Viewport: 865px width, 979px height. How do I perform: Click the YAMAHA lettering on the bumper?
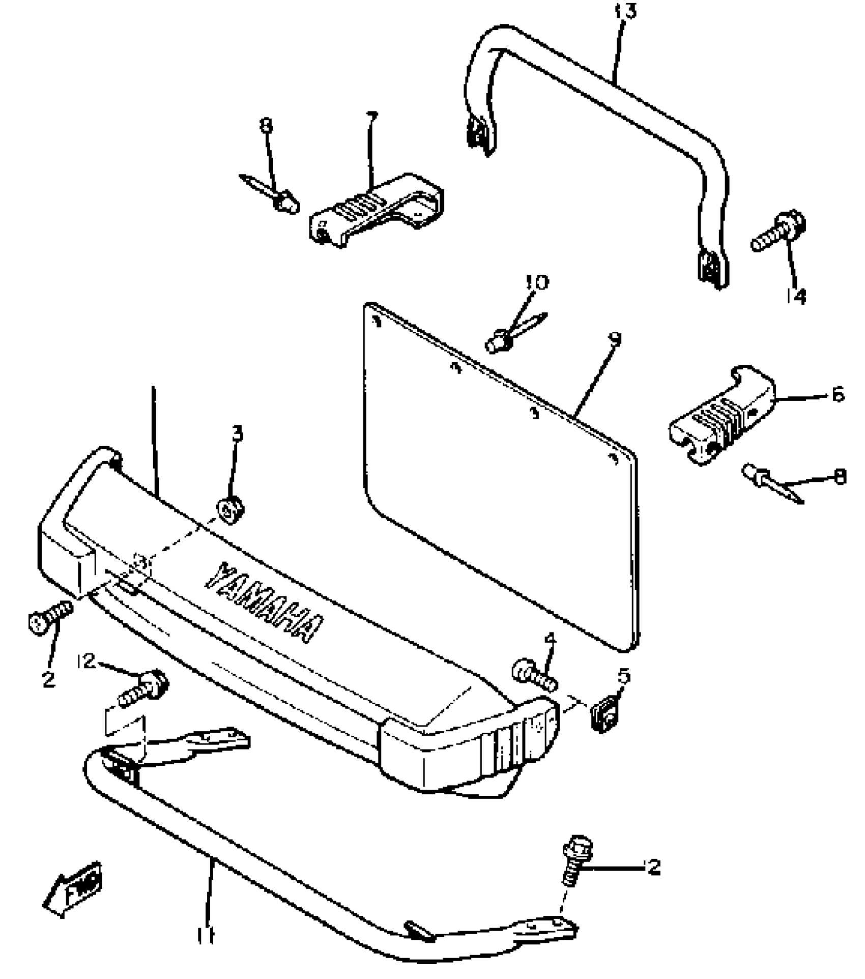pos(265,603)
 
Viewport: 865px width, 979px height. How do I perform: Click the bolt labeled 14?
pos(778,234)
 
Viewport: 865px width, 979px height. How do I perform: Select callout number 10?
pos(537,282)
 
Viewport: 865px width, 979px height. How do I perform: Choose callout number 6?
pos(837,394)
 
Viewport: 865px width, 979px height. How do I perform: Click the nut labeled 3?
pos(230,510)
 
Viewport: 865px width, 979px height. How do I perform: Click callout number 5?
pos(624,677)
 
